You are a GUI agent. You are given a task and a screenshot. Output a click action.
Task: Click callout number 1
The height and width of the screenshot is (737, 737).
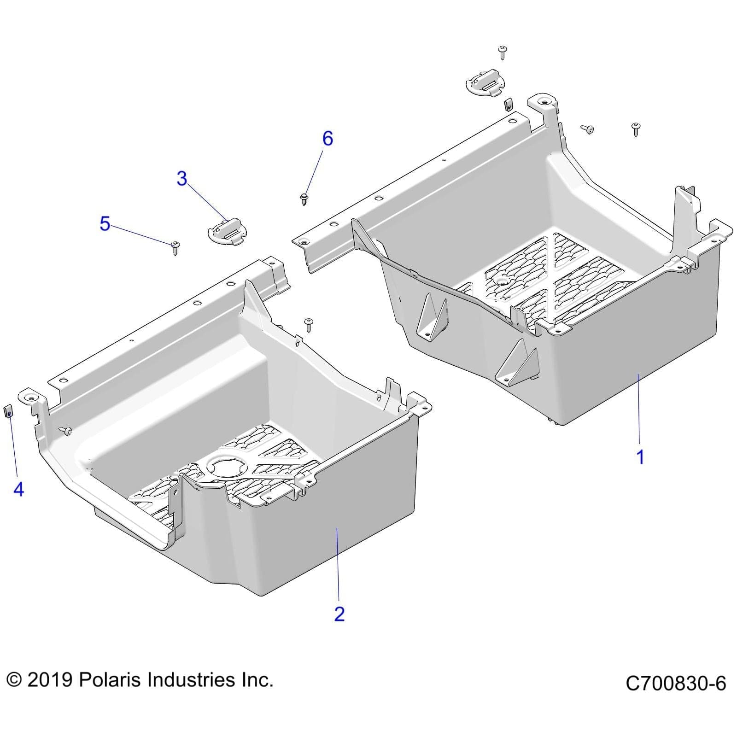[x=640, y=457]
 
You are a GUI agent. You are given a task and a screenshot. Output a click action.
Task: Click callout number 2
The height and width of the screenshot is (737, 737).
[x=339, y=614]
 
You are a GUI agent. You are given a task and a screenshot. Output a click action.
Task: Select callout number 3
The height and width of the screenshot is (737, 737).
[x=182, y=178]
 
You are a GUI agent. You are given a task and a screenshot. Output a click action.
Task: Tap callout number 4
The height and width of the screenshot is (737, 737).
[x=18, y=489]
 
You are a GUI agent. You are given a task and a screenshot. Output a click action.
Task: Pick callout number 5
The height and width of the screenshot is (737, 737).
[x=105, y=224]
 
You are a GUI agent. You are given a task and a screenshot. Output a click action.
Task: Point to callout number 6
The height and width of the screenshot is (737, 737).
[x=327, y=138]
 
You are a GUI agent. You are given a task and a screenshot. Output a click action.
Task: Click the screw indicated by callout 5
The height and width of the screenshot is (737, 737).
[x=175, y=247]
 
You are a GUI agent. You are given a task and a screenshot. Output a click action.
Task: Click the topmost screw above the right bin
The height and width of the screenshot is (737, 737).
[x=502, y=52]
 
